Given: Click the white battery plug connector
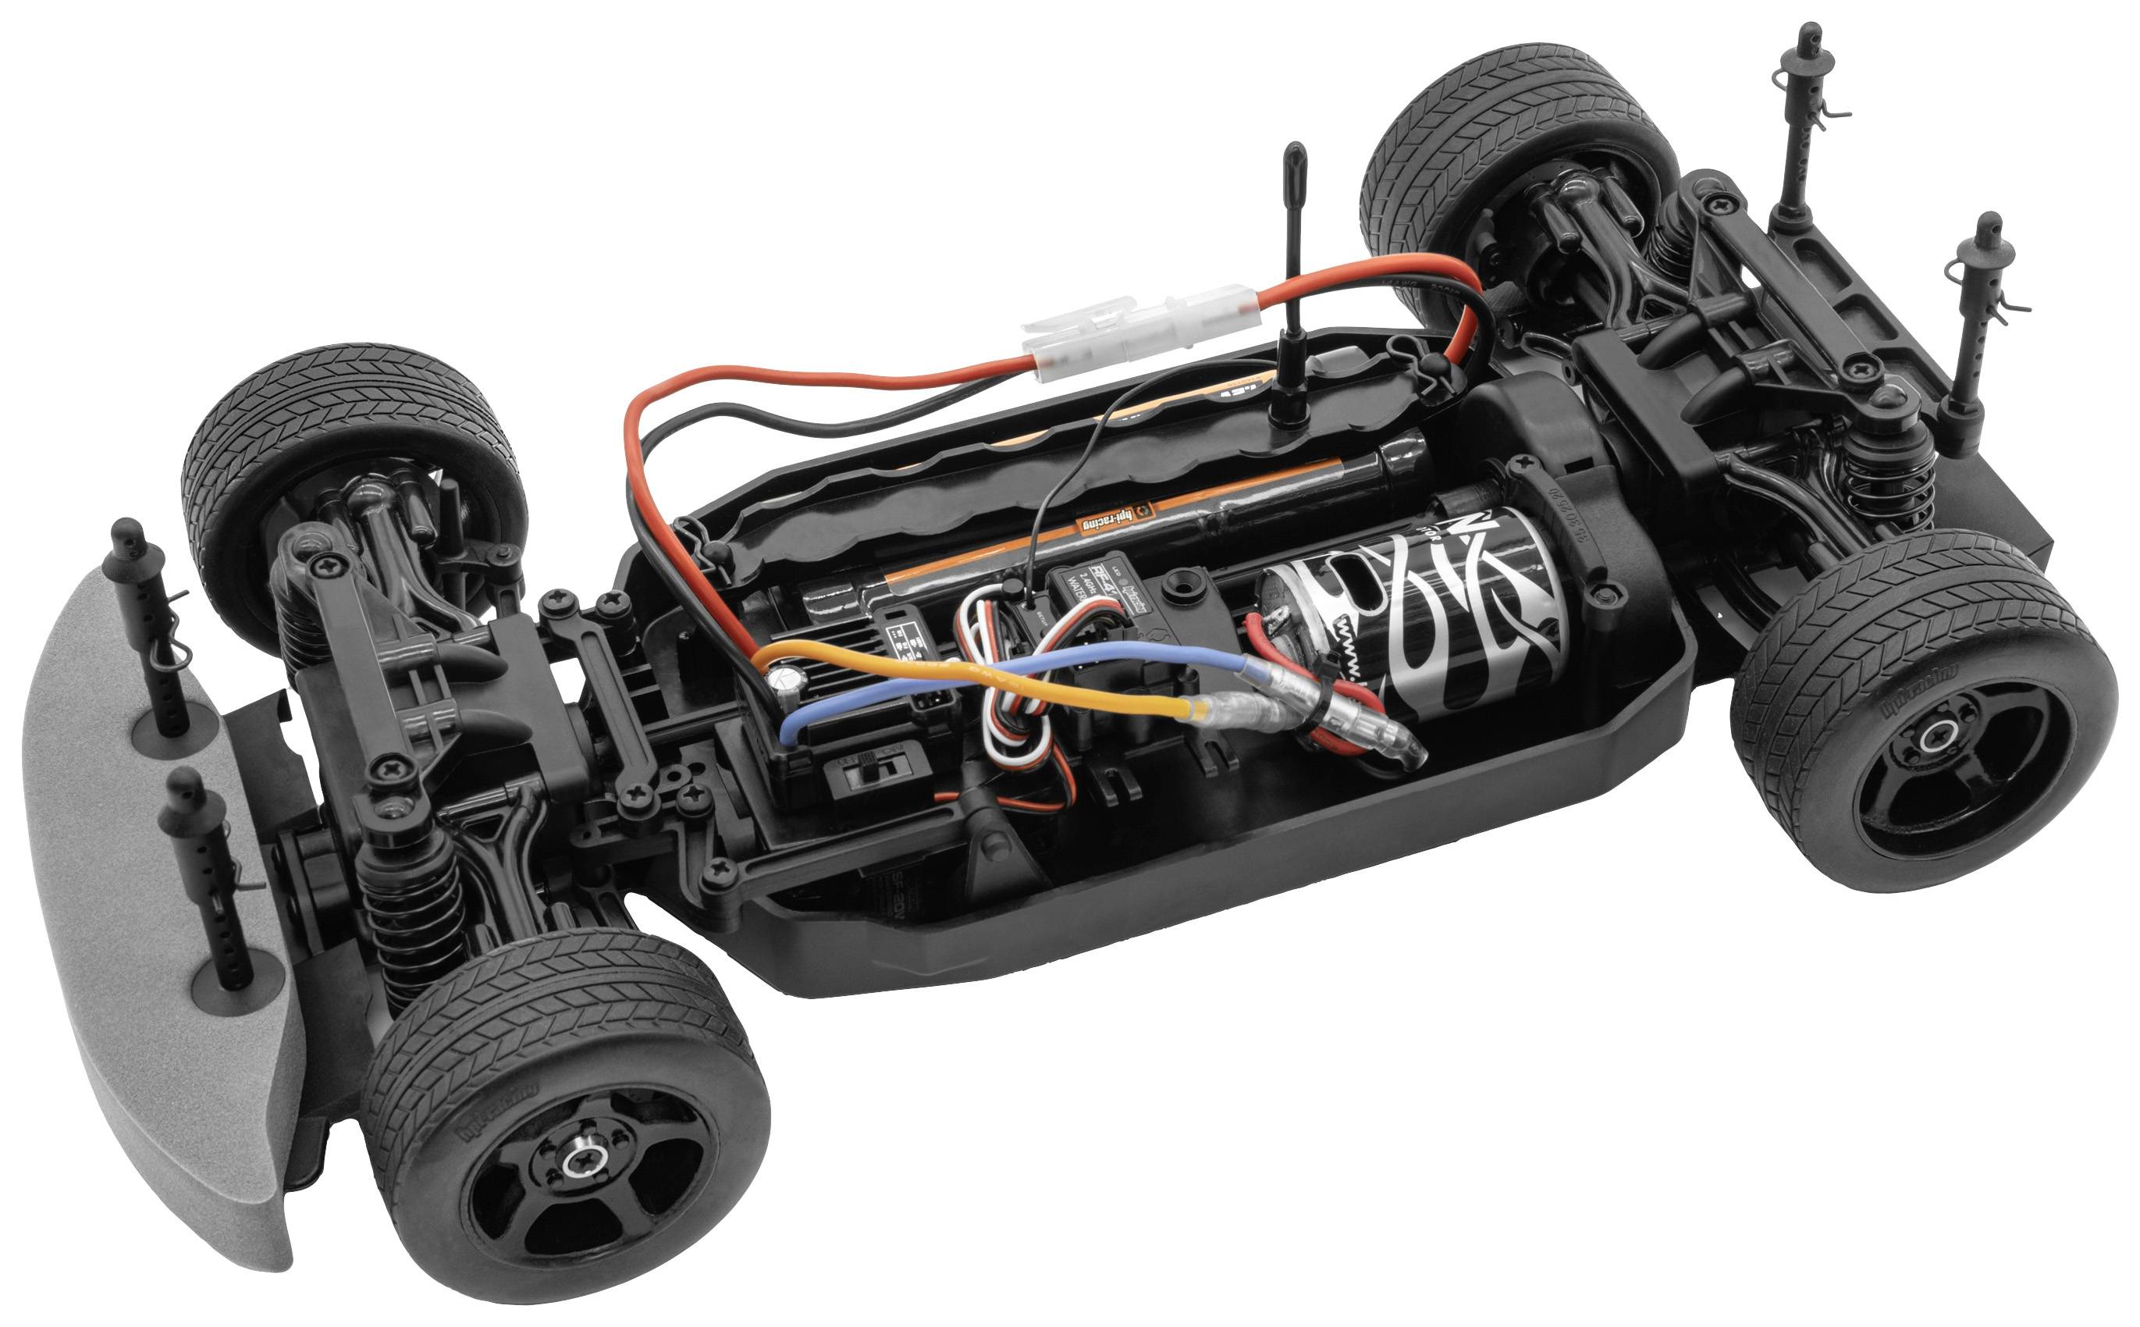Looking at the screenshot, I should [1141, 333].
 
